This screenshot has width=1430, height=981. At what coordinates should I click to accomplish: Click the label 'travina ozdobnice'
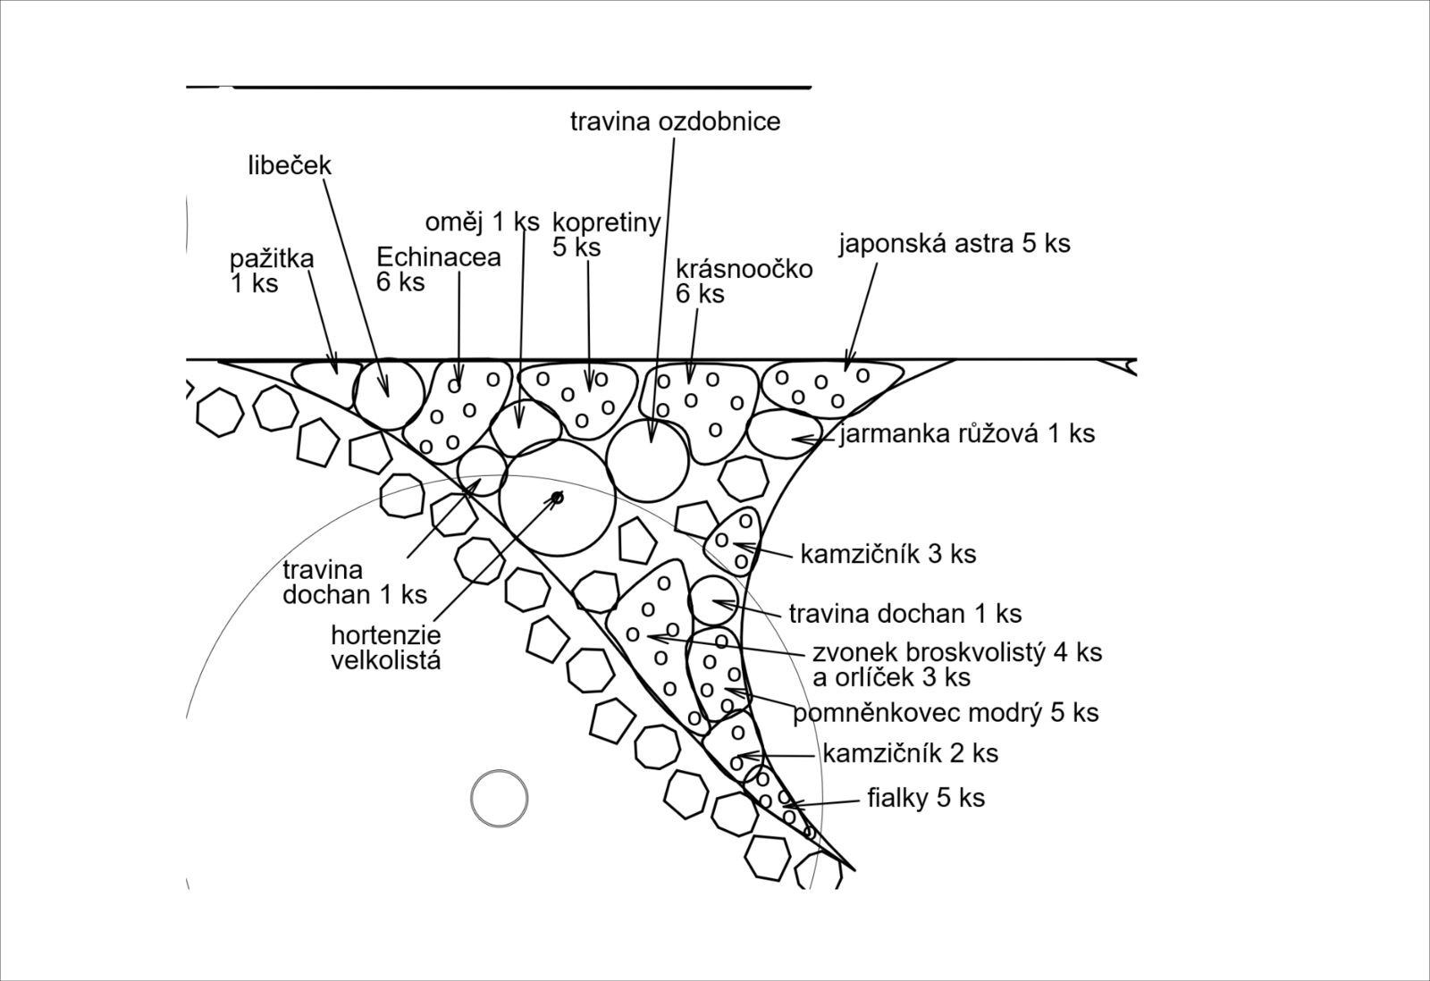pos(675,122)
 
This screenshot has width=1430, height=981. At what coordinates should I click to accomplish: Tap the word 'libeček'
pos(290,165)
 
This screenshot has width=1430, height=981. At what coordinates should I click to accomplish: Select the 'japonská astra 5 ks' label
pos(955,244)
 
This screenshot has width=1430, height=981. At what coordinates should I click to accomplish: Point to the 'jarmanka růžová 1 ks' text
pos(967,434)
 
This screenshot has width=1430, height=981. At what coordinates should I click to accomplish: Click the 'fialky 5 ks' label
pos(926,798)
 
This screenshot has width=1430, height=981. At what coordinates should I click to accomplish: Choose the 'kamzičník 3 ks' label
pos(888,554)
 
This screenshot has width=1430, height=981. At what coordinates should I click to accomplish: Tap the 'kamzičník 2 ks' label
pos(911,754)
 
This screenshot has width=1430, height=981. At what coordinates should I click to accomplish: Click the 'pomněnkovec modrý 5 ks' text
pos(946,713)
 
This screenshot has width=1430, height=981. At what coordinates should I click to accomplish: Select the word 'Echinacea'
pos(439,257)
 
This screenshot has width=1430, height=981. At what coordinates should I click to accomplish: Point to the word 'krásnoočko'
pos(744,269)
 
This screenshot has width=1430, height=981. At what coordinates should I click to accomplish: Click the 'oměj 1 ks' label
pos(482,222)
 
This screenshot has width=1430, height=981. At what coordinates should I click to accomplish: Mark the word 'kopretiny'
pos(607,223)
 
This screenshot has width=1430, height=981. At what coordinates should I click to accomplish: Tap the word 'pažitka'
pos(272,259)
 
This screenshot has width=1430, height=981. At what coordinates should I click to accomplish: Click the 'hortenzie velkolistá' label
pos(385,647)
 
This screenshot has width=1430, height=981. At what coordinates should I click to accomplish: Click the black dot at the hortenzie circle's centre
pos(558,497)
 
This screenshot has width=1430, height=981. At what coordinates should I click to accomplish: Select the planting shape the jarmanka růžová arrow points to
pos(785,434)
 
